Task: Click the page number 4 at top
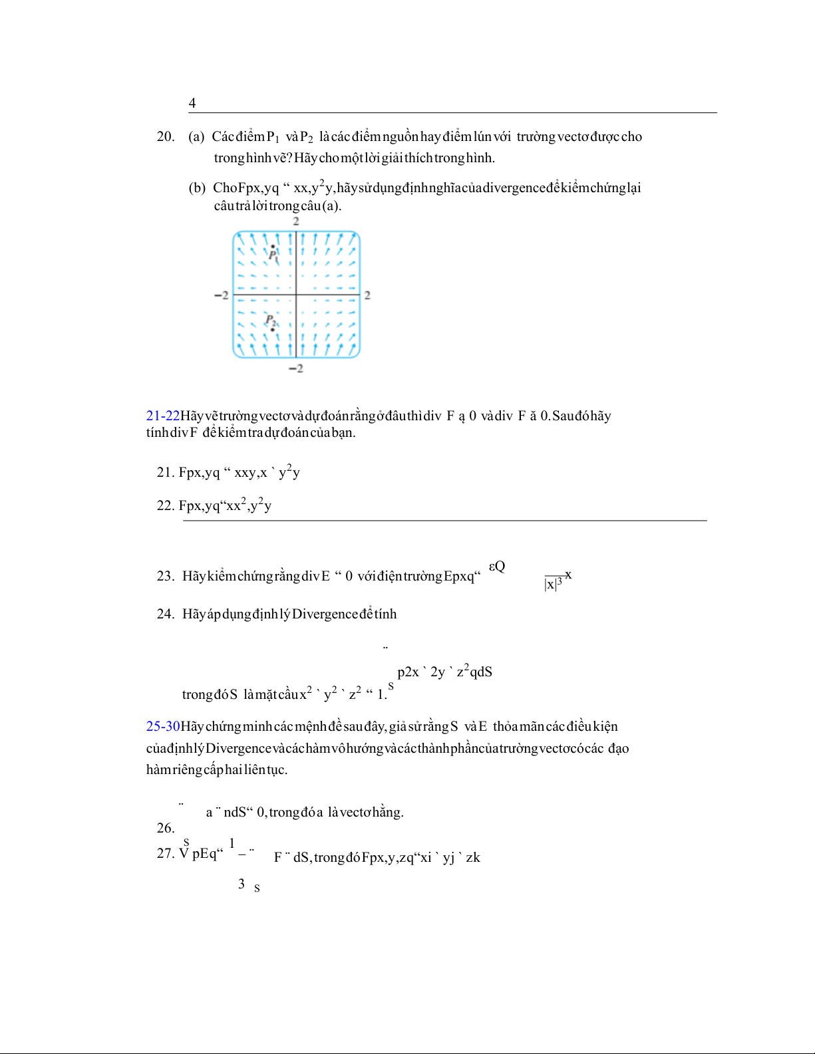(x=192, y=103)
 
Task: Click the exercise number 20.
(x=166, y=137)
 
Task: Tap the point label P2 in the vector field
(x=271, y=321)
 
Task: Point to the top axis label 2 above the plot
(x=296, y=221)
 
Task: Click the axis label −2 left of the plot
(x=222, y=295)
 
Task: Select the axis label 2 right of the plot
(x=367, y=295)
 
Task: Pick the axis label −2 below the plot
(x=296, y=368)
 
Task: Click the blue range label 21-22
(x=163, y=416)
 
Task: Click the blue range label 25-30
(x=163, y=727)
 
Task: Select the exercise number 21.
(x=166, y=473)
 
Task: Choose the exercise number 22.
(x=166, y=506)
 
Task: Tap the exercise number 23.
(x=166, y=577)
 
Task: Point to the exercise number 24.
(x=166, y=614)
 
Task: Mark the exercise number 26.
(x=166, y=829)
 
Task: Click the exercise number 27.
(x=166, y=854)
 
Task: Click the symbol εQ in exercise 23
(x=497, y=567)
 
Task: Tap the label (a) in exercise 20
(x=196, y=137)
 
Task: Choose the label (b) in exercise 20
(x=197, y=188)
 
